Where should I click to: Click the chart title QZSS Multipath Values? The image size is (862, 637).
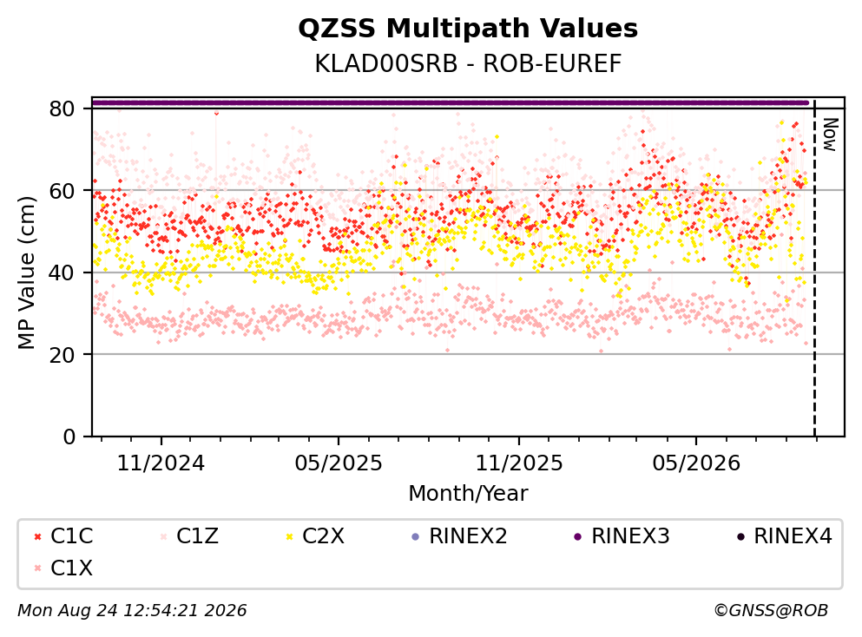468,29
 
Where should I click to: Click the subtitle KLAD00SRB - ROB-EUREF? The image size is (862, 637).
468,63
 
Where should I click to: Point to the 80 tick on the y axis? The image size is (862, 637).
63,108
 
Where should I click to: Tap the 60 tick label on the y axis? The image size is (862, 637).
63,191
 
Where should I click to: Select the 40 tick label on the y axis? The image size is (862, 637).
63,273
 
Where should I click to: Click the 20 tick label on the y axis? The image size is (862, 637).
63,354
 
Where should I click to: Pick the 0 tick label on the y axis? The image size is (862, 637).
69,437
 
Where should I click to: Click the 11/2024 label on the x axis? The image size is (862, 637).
161,463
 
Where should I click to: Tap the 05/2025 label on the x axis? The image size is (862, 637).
338,463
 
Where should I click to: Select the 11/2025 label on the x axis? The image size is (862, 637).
519,463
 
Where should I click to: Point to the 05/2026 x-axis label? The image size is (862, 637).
696,463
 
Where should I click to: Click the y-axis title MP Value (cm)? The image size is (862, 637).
26,273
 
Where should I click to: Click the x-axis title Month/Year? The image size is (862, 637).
468,494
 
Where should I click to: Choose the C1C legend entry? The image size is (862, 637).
63,535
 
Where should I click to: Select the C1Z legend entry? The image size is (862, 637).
188,535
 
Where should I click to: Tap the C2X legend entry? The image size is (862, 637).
315,535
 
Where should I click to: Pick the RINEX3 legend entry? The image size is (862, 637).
622,535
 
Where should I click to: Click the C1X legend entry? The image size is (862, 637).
63,568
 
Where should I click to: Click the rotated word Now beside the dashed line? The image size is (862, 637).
830,135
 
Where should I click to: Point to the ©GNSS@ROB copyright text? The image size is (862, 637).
771,610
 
